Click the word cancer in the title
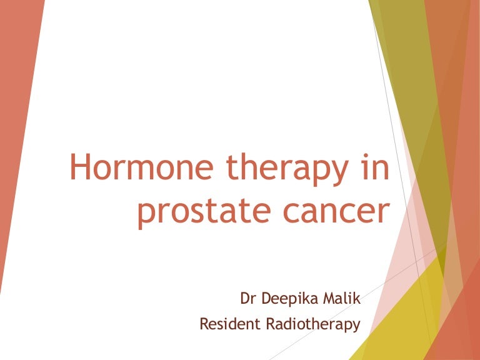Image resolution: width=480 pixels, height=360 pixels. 332,212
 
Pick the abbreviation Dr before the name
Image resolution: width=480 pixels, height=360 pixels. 248,299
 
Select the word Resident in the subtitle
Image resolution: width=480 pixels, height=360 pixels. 227,324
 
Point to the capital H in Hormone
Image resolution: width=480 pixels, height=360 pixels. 79,169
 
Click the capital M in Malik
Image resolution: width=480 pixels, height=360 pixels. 331,299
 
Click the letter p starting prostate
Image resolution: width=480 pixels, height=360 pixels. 146,215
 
